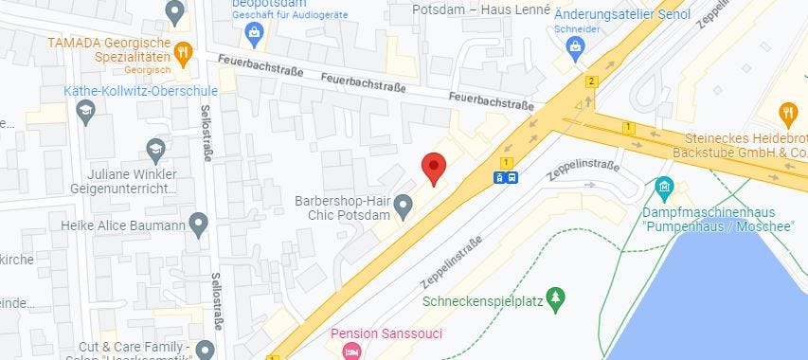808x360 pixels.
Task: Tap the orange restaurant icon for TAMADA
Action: point(183,51)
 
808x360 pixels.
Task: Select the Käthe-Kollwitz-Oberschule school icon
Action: point(85,112)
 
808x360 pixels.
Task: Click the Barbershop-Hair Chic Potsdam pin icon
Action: point(403,204)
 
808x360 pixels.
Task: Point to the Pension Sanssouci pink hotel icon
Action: point(350,352)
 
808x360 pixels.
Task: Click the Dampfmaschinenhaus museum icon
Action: point(664,187)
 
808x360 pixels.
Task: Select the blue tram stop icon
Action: point(506,176)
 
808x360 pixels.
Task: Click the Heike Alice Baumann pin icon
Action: point(198,225)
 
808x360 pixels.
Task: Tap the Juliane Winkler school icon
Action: point(155,149)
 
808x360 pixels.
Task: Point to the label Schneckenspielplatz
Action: point(482,301)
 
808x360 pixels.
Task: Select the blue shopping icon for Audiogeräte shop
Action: point(253,35)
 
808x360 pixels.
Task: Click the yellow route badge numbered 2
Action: point(592,81)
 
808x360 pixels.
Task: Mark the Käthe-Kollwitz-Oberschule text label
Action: point(141,91)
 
